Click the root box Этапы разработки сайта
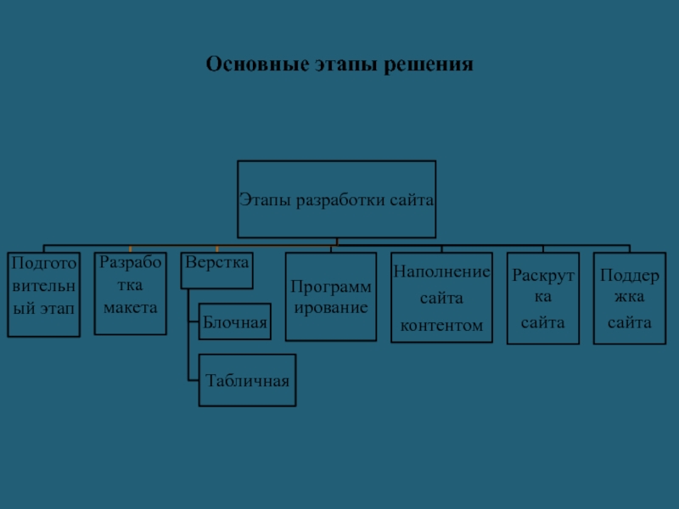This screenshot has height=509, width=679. [x=336, y=199]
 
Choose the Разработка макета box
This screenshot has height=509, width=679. [x=130, y=293]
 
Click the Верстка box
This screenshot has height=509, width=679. [x=217, y=263]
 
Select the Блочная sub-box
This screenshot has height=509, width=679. [x=234, y=322]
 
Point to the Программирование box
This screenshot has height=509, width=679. [x=331, y=297]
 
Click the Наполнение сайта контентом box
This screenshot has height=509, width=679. [x=441, y=298]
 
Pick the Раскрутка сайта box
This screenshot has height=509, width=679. [x=542, y=299]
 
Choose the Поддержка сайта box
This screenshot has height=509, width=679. [x=629, y=298]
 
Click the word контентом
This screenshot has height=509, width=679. [x=441, y=325]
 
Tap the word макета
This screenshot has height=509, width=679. [x=130, y=307]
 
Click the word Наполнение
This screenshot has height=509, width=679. [x=441, y=272]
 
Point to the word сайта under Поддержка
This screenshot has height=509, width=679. [x=629, y=323]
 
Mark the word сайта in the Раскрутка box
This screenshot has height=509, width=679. [x=542, y=323]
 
